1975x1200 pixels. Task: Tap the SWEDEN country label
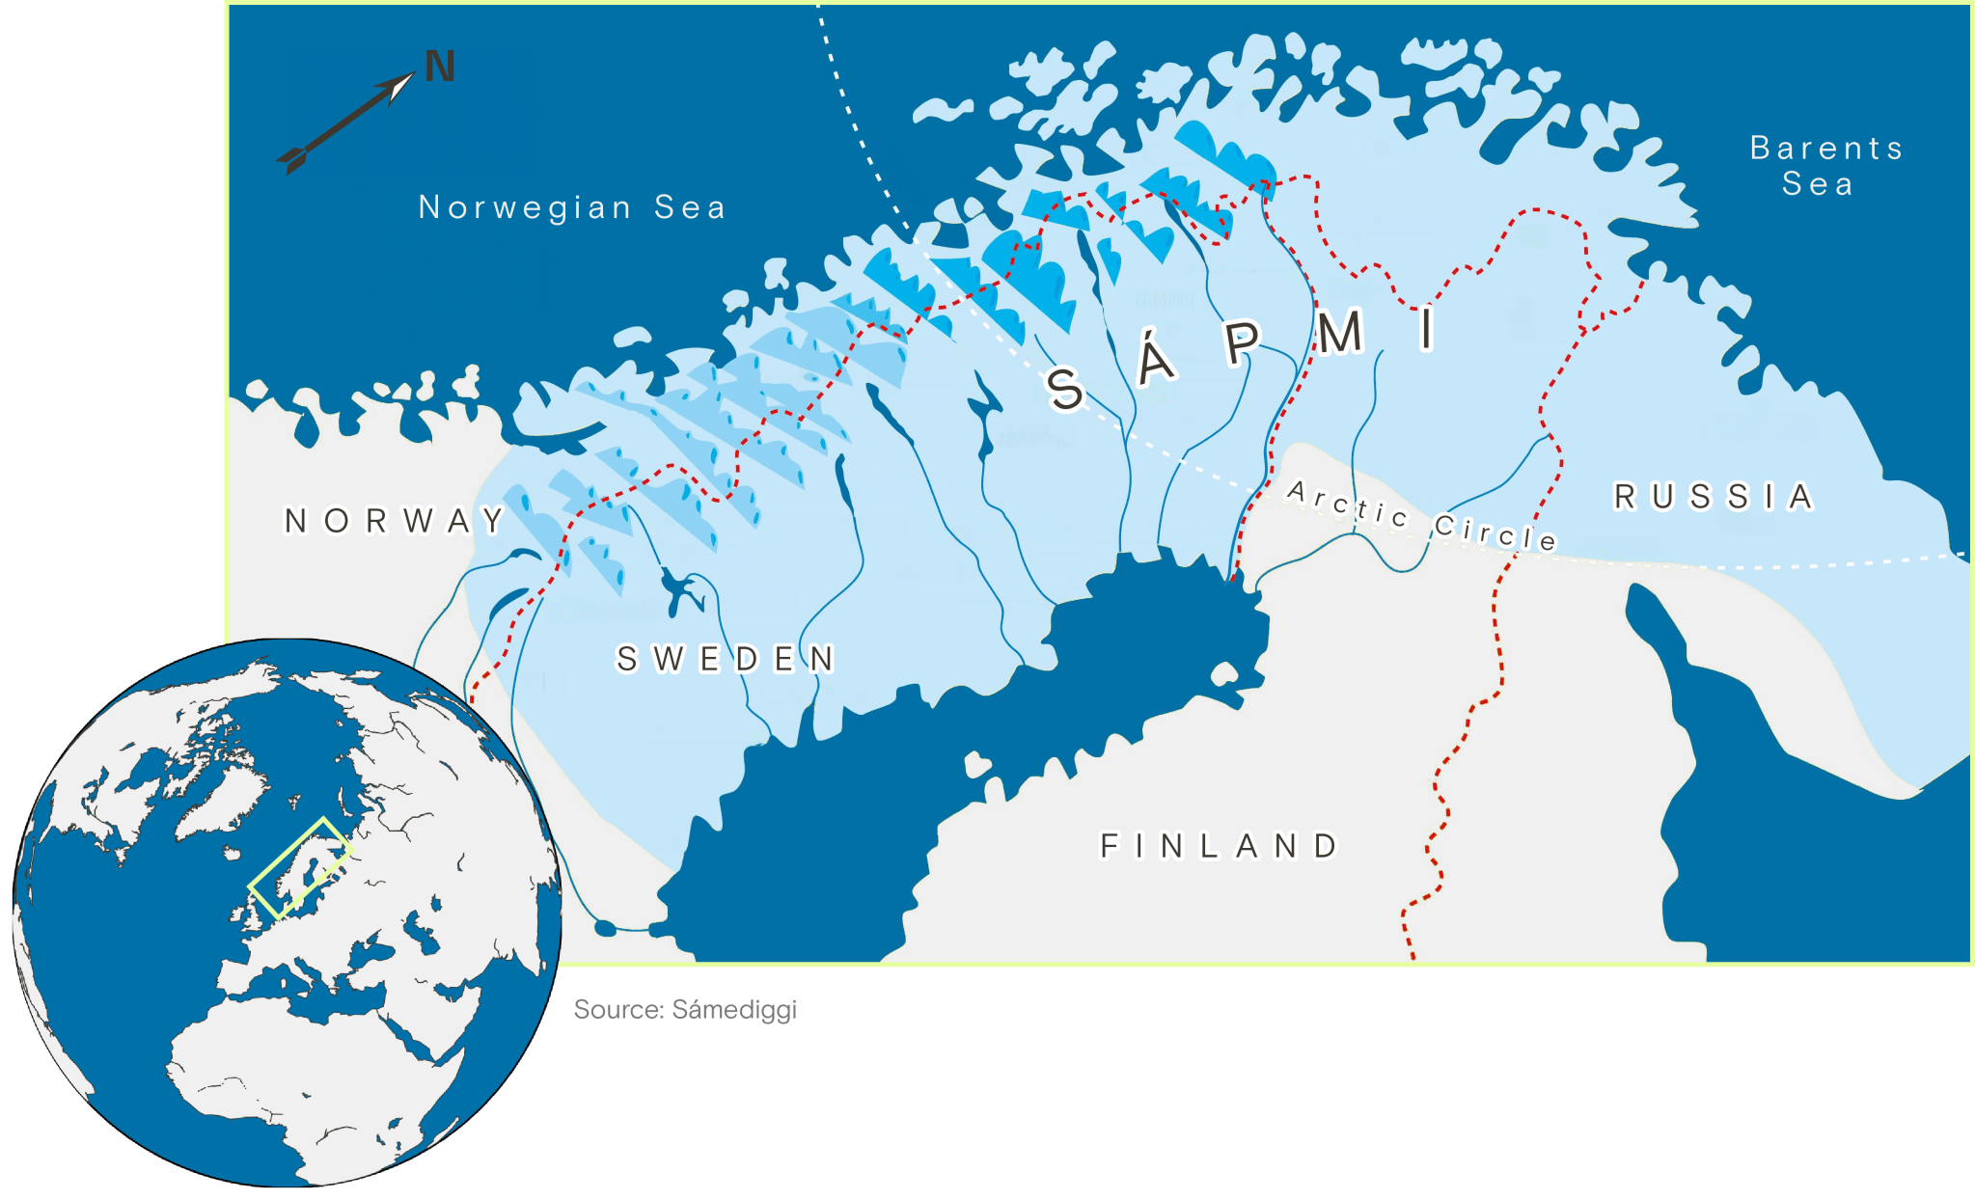click(726, 660)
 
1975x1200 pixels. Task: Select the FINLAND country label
click(1220, 846)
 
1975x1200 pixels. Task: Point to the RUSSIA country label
click(1714, 497)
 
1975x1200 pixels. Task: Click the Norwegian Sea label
click(571, 207)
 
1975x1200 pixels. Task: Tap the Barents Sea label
click(1825, 148)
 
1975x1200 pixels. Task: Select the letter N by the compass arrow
click(440, 67)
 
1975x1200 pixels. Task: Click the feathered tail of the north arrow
click(292, 158)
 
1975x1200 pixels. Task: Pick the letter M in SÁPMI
click(1339, 334)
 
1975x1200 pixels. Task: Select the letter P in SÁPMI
click(1244, 341)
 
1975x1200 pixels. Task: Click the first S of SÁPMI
click(1065, 388)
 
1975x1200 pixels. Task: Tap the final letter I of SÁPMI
click(1427, 328)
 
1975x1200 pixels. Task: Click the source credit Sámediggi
click(685, 1010)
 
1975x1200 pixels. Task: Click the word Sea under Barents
click(1817, 183)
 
